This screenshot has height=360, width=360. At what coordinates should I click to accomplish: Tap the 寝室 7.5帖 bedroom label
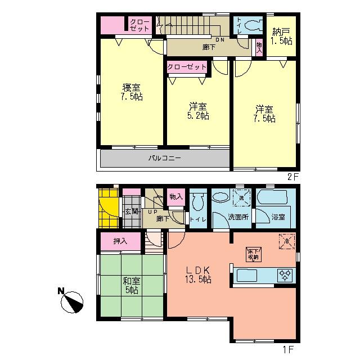(132, 92)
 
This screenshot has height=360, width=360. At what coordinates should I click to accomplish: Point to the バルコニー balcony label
(165, 159)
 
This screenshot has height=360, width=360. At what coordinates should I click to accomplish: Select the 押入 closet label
(120, 241)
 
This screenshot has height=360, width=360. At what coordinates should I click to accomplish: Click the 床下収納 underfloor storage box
(252, 254)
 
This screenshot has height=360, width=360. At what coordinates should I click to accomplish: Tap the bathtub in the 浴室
(272, 198)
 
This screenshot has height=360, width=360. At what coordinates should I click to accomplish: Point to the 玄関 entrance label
(131, 211)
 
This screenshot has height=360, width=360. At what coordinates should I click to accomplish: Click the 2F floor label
(292, 176)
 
